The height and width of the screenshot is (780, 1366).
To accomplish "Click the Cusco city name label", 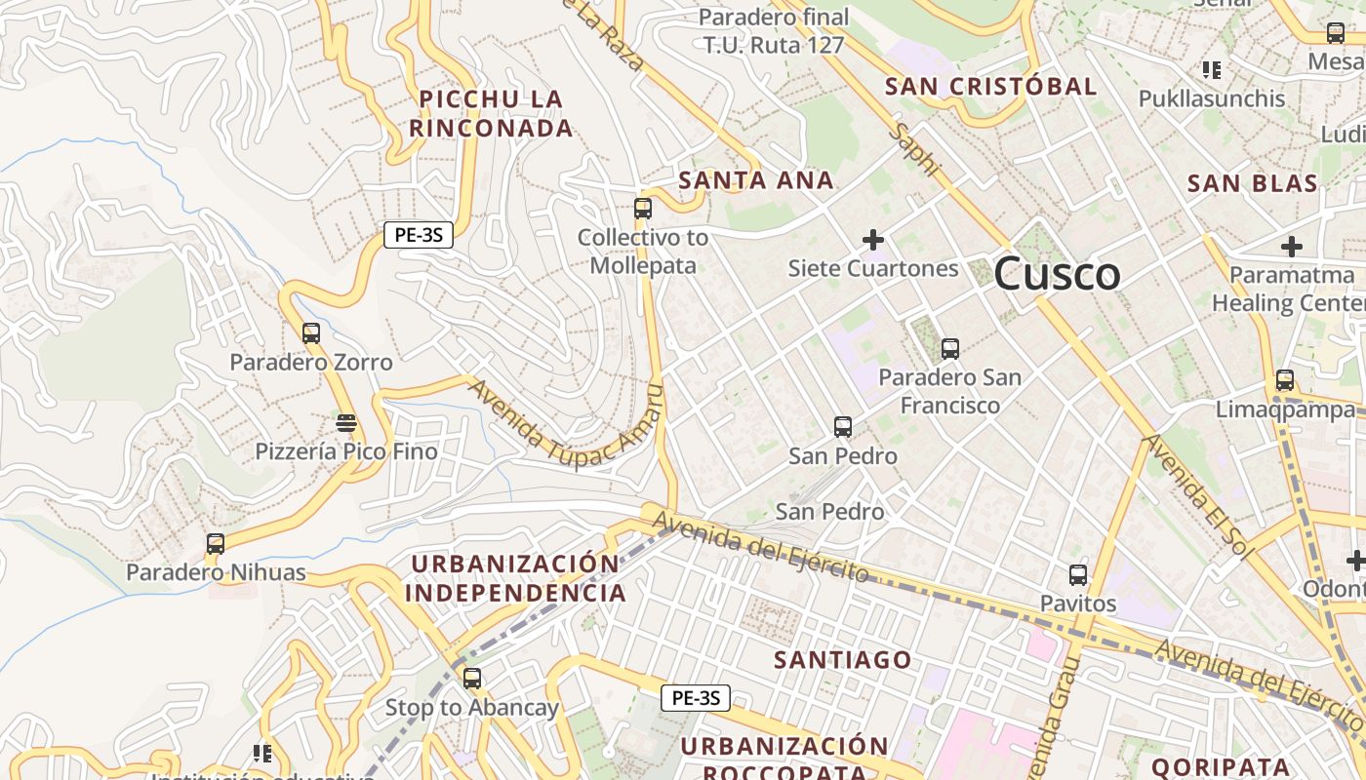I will point(1057,274).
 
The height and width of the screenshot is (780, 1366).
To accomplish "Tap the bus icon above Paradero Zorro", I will point(311,333).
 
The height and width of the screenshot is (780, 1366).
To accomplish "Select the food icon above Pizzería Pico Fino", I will point(346,423).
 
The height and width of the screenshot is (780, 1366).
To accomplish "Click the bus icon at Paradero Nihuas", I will point(216,544).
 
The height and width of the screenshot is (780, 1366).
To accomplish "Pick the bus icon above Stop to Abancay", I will point(472,679).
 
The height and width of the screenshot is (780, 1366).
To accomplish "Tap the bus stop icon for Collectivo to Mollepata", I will point(642,209).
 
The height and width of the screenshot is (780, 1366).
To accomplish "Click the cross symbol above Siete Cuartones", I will point(873,240).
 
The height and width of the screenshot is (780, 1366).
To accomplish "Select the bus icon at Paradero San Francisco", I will point(949,349).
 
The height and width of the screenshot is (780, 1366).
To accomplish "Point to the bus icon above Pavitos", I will point(1078,575).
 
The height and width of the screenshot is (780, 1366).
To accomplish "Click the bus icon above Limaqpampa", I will point(1285,380).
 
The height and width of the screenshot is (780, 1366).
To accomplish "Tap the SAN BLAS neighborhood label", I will point(1252,183).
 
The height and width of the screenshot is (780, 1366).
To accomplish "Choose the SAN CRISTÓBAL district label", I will point(990,86).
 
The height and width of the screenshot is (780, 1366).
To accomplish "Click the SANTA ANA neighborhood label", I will point(756,179).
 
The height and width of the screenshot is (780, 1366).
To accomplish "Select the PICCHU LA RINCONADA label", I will point(491,113).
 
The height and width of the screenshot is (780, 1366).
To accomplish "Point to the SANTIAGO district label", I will point(843,660).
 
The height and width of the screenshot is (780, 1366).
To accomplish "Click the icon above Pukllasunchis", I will point(1212,70).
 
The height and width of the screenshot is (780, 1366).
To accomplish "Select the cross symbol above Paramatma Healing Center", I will point(1292,247).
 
